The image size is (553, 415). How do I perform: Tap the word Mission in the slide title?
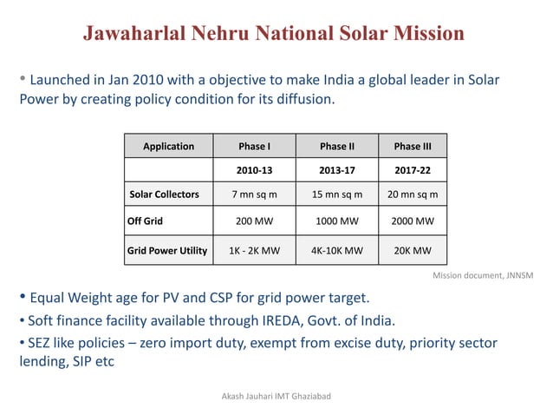coord(422,34)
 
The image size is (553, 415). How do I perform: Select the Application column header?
coord(168,146)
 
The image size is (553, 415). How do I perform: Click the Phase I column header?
coord(254,146)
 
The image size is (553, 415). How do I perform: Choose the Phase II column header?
coord(337,146)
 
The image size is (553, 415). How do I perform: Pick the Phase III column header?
coord(413,146)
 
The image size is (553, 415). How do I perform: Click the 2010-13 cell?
coord(254,170)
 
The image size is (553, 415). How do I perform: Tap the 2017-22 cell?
coord(413,170)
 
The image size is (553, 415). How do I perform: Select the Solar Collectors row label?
coord(164,194)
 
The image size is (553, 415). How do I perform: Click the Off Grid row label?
coord(146,221)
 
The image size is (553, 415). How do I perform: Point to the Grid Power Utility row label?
coord(167,251)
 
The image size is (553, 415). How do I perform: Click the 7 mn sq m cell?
coord(254,194)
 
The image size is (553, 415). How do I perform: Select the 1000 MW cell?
coord(337,221)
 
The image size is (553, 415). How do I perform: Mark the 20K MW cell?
coord(413,251)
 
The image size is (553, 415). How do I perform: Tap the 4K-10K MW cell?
coord(337,251)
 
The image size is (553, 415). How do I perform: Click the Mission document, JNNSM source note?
coord(482,275)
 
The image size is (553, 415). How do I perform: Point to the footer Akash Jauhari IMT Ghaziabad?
coord(277,396)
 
